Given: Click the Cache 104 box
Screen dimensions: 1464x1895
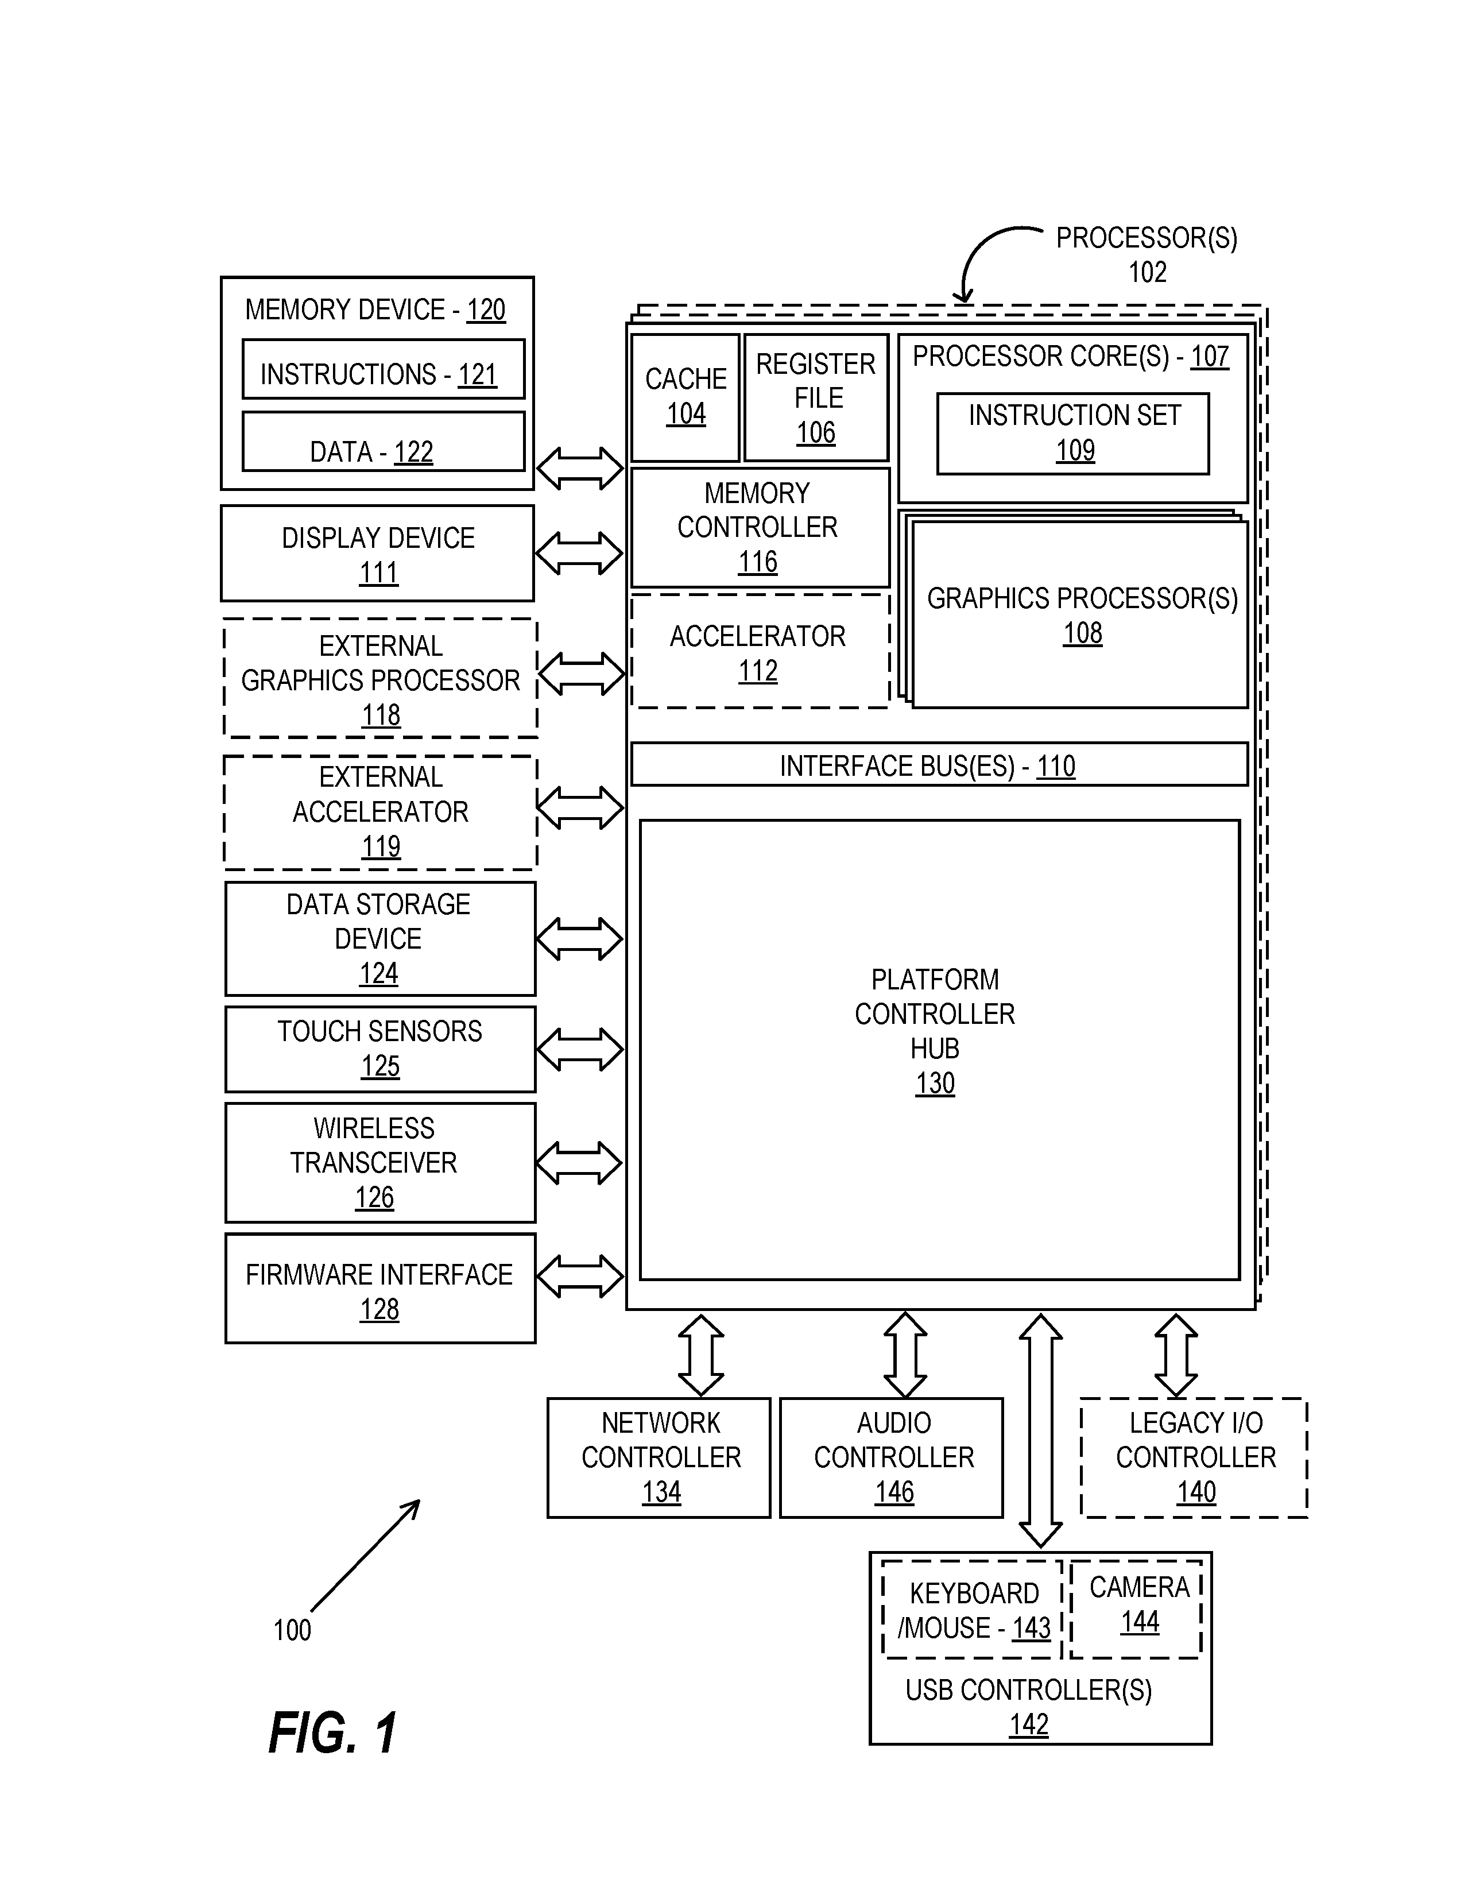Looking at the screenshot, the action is point(685,397).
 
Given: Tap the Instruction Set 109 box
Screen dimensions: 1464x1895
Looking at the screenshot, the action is point(1073,434).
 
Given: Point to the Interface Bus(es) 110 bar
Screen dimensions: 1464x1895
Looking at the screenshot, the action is point(939,764).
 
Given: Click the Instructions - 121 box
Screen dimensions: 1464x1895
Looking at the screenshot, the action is point(384,369).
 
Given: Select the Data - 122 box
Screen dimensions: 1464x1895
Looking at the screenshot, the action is point(384,442).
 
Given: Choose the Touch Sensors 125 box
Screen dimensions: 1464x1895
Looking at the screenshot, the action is point(380,1049).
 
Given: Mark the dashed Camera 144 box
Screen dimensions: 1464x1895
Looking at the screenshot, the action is point(1136,1610).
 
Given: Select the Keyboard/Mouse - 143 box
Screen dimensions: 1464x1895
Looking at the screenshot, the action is point(972,1610).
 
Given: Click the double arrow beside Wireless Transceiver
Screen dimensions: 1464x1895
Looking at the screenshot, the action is point(579,1163).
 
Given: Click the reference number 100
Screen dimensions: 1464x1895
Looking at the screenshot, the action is point(292,1630).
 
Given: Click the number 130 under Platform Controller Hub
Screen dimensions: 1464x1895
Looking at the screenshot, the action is point(935,1084).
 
